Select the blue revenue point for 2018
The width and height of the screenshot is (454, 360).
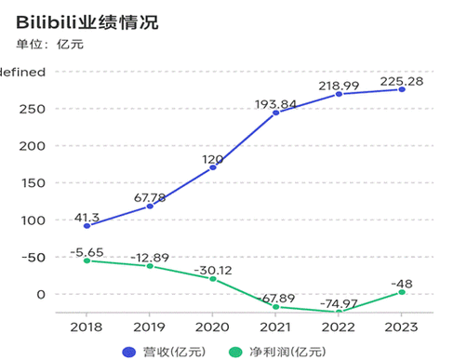pyautogui.click(x=87, y=226)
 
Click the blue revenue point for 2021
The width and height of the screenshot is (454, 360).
pyautogui.click(x=275, y=113)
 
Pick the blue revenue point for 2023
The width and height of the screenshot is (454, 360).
pyautogui.click(x=402, y=89)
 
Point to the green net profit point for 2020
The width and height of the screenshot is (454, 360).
pyautogui.click(x=213, y=278)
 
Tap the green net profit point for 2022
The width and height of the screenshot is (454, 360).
pyautogui.click(x=339, y=312)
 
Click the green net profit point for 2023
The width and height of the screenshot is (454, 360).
pyautogui.click(x=402, y=292)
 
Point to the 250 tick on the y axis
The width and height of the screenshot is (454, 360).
pyautogui.click(x=31, y=109)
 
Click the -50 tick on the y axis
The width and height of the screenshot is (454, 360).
pyautogui.click(x=31, y=257)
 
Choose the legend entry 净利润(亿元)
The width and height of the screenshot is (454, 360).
pyautogui.click(x=275, y=350)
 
